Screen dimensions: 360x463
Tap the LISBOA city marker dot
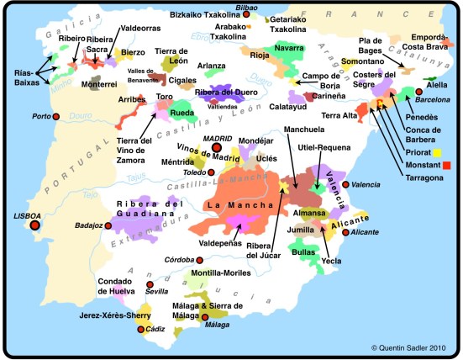tap(35, 225)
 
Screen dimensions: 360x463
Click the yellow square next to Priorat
tap(438, 152)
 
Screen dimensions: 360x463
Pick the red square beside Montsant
tap(446, 165)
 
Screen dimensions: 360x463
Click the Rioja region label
tap(260, 56)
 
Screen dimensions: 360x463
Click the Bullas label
tap(303, 251)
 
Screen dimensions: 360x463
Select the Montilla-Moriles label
tap(222, 273)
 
